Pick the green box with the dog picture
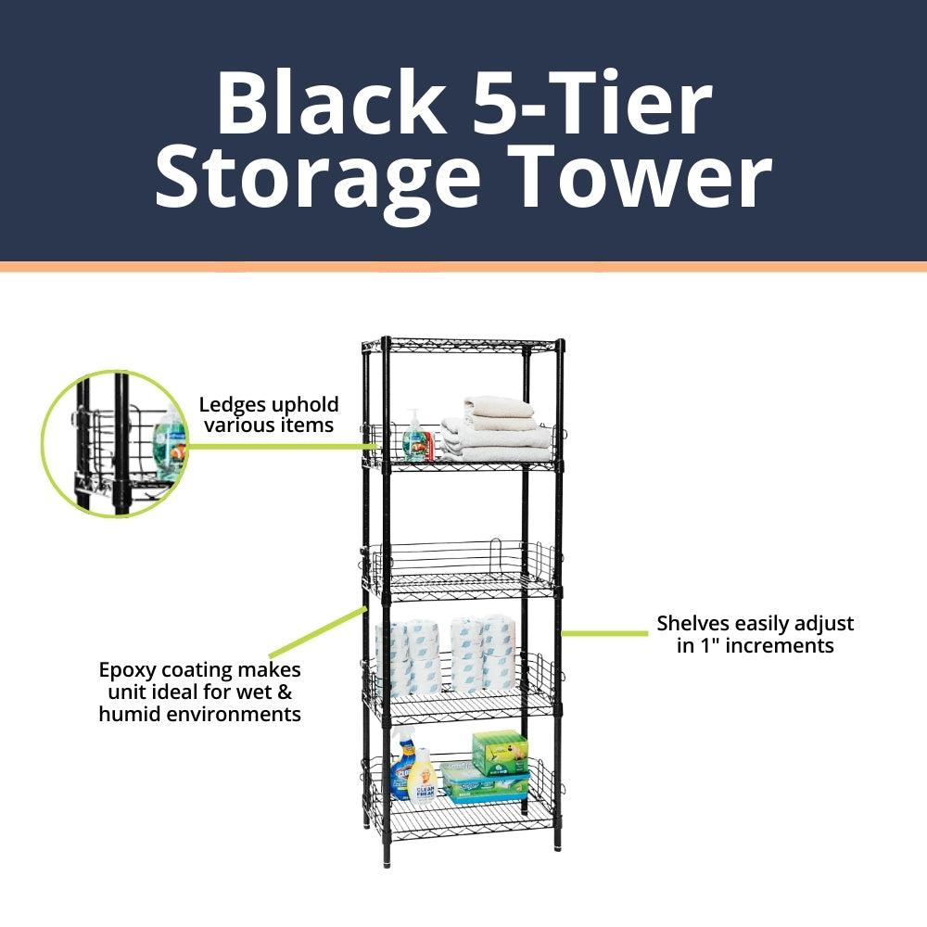[x=500, y=752]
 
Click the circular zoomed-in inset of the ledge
[x=115, y=443]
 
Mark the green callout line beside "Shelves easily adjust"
[x=604, y=633]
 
